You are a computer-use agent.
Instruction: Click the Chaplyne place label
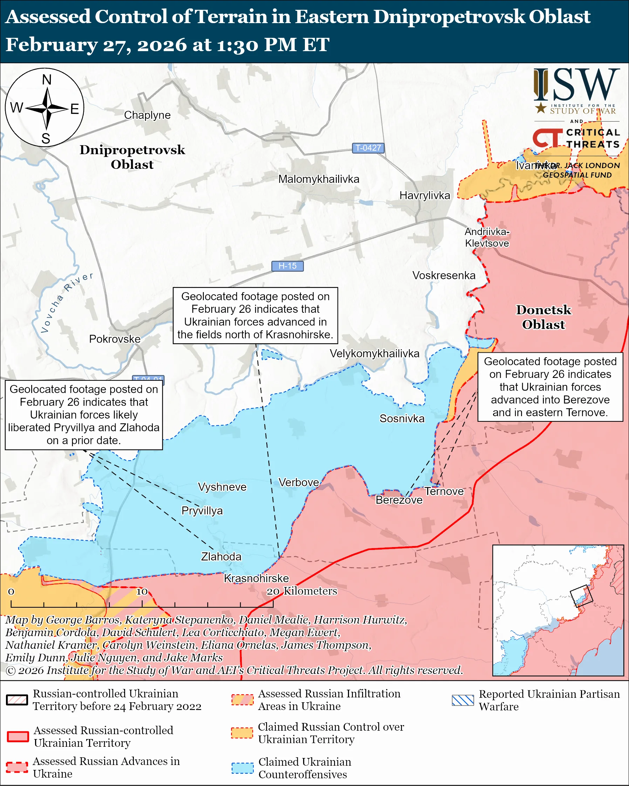click(x=147, y=115)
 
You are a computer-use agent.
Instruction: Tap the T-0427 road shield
click(x=368, y=148)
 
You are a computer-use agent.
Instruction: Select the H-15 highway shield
click(x=287, y=266)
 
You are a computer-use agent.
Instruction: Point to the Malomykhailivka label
click(x=319, y=179)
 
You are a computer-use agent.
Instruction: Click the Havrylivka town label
click(x=425, y=195)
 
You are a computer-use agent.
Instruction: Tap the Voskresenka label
click(x=444, y=275)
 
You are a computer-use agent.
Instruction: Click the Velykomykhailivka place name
click(x=375, y=353)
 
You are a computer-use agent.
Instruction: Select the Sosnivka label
click(x=402, y=418)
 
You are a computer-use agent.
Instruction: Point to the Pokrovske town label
click(x=115, y=339)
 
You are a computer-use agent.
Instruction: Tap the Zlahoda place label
click(x=221, y=557)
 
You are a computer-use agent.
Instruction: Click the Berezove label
click(x=399, y=500)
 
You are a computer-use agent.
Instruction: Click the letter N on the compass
click(x=47, y=80)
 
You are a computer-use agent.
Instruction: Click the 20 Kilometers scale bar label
click(x=302, y=591)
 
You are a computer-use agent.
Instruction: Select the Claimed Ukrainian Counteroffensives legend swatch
click(x=242, y=768)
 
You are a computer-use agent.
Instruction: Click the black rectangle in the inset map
click(x=581, y=596)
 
